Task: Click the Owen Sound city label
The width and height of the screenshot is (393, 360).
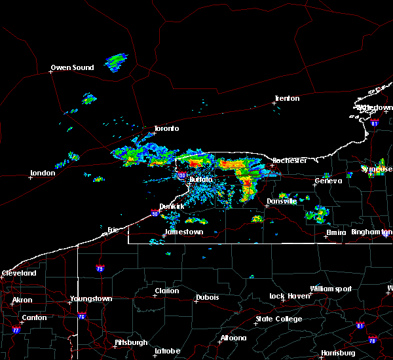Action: [73, 67]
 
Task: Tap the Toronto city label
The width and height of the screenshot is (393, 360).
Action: [166, 128]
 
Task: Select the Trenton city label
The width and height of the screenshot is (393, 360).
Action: [287, 98]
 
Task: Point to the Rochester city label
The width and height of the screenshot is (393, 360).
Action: [290, 160]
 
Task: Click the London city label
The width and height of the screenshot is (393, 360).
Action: [43, 173]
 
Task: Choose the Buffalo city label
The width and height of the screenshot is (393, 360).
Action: [201, 179]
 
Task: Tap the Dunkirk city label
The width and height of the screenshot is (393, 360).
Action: [174, 206]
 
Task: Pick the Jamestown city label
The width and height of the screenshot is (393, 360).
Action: [183, 232]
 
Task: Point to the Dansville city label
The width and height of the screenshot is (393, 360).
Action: [282, 201]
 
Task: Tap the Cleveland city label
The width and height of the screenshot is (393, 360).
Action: [19, 272]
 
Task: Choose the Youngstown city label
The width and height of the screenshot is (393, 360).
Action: [91, 298]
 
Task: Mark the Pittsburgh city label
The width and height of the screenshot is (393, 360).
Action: [113, 342]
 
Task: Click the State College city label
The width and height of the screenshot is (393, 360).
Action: [279, 319]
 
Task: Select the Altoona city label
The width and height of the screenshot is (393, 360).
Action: [233, 338]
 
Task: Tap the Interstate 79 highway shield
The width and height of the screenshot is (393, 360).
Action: [100, 268]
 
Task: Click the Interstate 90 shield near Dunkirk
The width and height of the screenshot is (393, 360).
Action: [155, 213]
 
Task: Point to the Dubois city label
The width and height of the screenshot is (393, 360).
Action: [208, 298]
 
